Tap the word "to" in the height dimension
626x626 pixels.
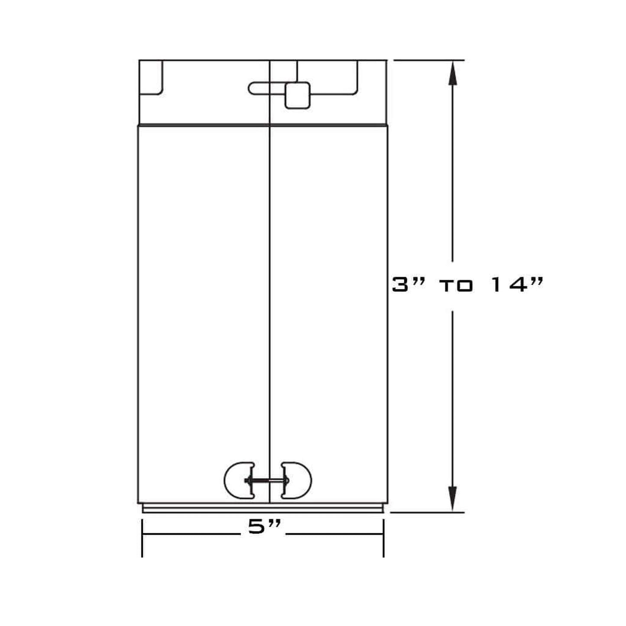pyautogui.click(x=456, y=285)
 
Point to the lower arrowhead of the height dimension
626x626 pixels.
pyautogui.click(x=453, y=499)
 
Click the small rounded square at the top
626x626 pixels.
pyautogui.click(x=297, y=95)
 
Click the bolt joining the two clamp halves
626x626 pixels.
pyautogui.click(x=267, y=480)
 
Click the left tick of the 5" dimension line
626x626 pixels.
pyautogui.click(x=142, y=537)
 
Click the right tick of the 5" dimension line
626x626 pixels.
pyautogui.click(x=384, y=537)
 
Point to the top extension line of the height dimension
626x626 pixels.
pyautogui.click(x=429, y=60)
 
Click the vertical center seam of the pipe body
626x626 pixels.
pyautogui.click(x=269, y=303)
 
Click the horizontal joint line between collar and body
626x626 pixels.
pyautogui.click(x=263, y=125)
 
